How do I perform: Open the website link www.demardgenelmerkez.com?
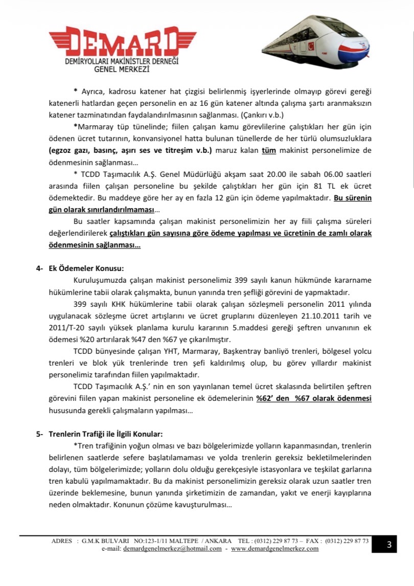[x=274, y=548]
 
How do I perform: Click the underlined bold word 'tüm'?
[x=268, y=150]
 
